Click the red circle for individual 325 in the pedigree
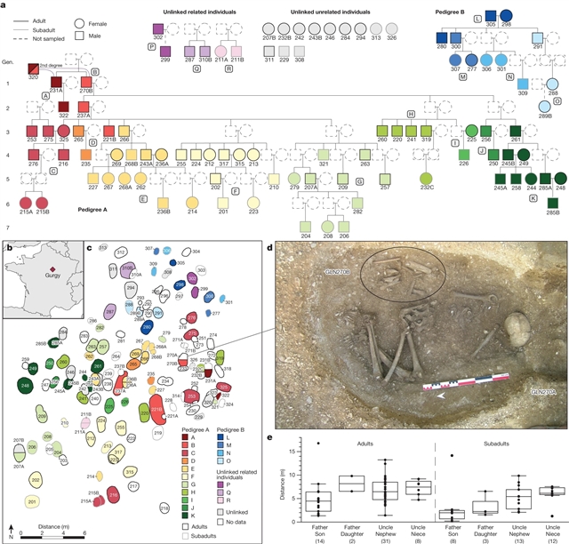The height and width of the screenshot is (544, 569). click(x=63, y=131)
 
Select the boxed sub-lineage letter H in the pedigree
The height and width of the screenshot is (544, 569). click(x=411, y=115)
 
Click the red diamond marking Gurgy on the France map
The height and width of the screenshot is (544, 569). click(x=51, y=266)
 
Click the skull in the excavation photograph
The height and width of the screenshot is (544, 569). click(x=514, y=329)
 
